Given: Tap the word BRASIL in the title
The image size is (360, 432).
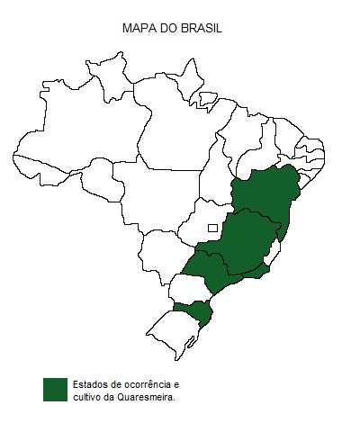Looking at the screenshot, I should pyautogui.click(x=202, y=29).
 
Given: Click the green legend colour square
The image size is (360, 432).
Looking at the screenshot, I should pyautogui.click(x=56, y=389).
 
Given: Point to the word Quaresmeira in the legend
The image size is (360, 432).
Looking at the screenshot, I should pyautogui.click(x=146, y=395).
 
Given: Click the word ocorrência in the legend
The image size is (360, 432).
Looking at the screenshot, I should pyautogui.click(x=148, y=382).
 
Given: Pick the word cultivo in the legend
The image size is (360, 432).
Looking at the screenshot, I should pyautogui.click(x=89, y=395).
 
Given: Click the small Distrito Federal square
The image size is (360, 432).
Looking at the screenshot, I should pyautogui.click(x=212, y=228).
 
